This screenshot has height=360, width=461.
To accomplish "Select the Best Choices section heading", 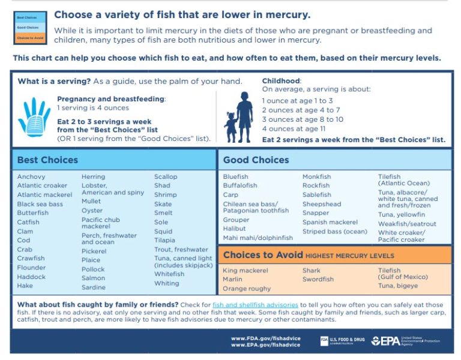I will [x=47, y=160].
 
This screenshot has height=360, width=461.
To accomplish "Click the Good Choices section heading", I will [x=256, y=160].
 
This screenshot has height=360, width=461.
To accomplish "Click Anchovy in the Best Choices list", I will [x=31, y=177].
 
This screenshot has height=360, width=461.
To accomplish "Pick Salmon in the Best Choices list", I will [x=93, y=278].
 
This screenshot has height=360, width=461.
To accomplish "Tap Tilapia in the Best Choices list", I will [x=164, y=241].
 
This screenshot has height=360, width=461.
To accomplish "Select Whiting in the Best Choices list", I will [x=166, y=283].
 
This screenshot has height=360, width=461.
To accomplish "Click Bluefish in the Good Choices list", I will [x=235, y=177].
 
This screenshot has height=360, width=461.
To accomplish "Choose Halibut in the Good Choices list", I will [x=234, y=229].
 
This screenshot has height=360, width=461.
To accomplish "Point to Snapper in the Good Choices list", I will [x=316, y=213].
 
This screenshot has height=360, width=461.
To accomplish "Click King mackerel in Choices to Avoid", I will [x=246, y=271].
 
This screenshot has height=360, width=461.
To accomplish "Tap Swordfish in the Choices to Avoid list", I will [x=318, y=280].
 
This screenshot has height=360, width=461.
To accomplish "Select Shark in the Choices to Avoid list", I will [x=312, y=271].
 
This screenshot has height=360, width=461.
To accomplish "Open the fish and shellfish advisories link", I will [x=255, y=305].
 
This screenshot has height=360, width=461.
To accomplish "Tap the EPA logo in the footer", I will [x=384, y=341].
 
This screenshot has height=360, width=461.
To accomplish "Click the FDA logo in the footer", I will [x=324, y=341].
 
